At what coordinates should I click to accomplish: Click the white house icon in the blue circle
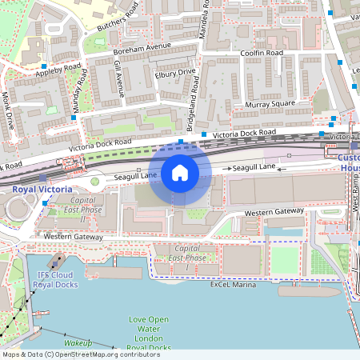(x=180, y=173)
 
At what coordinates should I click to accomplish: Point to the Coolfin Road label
(x=262, y=53)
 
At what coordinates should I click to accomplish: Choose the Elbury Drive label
(x=174, y=73)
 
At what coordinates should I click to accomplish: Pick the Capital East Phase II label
(x=83, y=210)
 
